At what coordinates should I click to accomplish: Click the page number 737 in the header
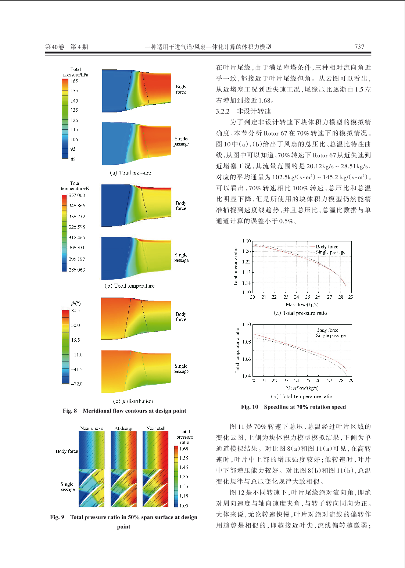pos(359,47)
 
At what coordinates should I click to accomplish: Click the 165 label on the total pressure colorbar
pos(74,81)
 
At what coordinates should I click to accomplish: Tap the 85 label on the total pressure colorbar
pos(73,159)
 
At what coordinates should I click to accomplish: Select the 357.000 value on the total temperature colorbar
pos(77,195)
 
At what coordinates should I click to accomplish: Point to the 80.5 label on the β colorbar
pos(76,310)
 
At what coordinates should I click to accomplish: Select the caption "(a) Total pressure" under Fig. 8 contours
pos(130,173)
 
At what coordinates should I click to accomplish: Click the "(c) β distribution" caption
pos(133,401)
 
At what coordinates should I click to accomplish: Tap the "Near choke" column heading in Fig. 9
pos(92,428)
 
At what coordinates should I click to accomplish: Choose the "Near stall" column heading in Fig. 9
pos(156,428)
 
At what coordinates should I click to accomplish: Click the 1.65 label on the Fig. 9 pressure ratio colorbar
pos(184,449)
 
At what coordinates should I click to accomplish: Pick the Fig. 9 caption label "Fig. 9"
pos(57,517)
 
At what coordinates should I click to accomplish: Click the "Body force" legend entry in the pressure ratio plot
pos(327,247)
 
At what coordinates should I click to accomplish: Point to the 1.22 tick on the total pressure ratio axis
pos(246,262)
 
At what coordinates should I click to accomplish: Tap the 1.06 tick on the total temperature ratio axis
pos(247,359)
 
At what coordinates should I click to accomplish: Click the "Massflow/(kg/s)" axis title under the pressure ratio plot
pos(302,304)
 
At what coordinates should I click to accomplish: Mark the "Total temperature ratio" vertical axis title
pos(237,350)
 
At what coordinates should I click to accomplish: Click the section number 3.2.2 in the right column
pos(223,111)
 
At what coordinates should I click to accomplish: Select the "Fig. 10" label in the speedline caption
pos(250,407)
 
